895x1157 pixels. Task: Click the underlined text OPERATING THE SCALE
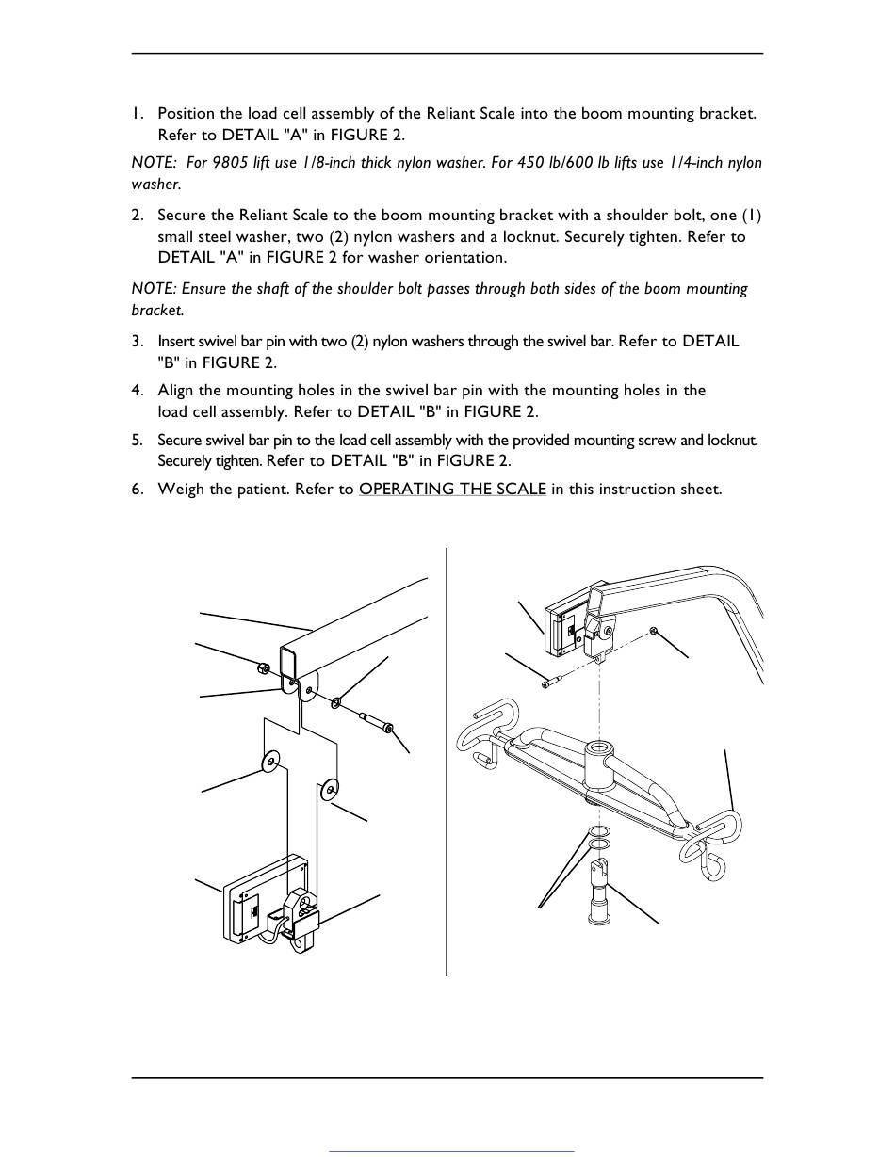453,489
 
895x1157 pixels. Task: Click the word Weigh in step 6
181,490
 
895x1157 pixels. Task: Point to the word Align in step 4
175,391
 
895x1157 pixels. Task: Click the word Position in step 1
186,113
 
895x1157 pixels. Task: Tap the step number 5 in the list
138,440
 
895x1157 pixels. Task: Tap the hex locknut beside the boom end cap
262,667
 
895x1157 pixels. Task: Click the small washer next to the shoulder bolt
336,702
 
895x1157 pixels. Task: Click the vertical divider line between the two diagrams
447,762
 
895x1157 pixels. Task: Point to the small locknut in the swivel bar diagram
653,631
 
